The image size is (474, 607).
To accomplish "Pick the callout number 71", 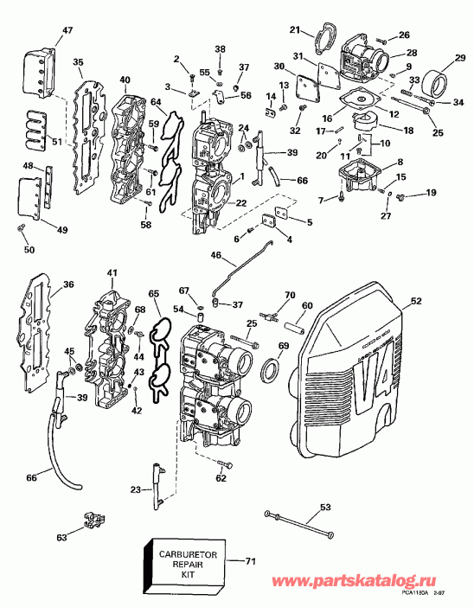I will [x=251, y=562].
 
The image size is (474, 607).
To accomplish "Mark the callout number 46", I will [x=215, y=256].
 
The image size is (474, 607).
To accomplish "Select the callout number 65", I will [x=154, y=296].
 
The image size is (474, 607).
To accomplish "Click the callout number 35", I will [x=78, y=62].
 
